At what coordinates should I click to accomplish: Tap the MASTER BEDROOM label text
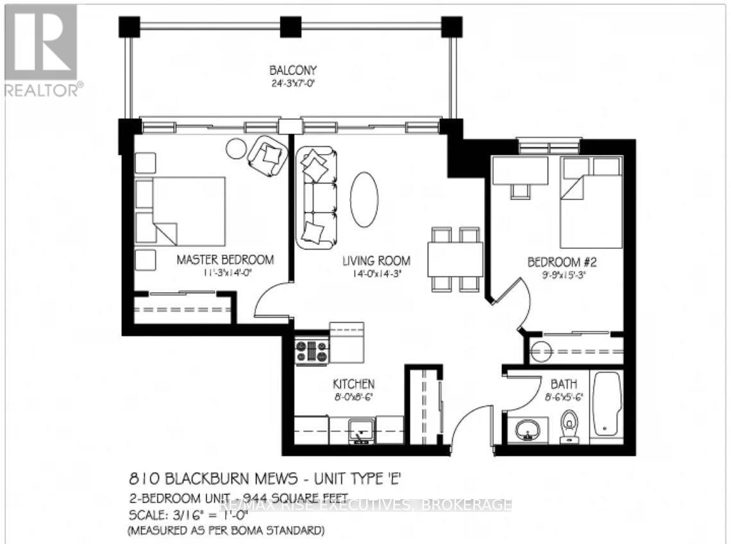tap(225, 260)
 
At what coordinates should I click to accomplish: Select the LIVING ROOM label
tap(376, 260)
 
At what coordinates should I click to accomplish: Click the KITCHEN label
tap(353, 384)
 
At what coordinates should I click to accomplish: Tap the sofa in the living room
tap(316, 198)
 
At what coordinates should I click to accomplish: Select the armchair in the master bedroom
tap(268, 156)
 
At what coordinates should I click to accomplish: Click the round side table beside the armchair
tap(237, 148)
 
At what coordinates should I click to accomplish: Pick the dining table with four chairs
tap(455, 259)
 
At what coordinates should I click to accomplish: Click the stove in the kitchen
tap(312, 352)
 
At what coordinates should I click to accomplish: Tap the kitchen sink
tap(362, 430)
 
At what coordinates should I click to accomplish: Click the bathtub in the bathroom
tap(605, 405)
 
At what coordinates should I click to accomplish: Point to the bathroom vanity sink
tap(528, 429)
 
